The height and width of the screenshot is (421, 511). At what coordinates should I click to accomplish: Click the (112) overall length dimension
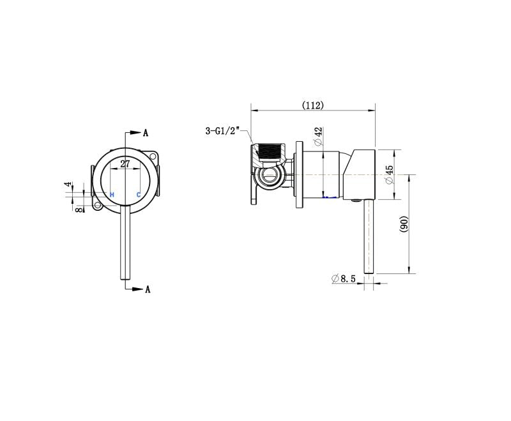(x=313, y=105)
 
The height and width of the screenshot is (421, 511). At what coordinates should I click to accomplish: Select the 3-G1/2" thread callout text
(x=221, y=131)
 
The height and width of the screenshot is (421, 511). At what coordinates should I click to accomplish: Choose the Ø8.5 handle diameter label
(x=344, y=279)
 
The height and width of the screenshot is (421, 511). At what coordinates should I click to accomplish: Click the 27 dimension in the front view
(x=125, y=164)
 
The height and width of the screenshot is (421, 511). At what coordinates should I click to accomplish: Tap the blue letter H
(x=112, y=194)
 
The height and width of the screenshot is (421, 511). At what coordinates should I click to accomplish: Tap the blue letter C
(x=139, y=194)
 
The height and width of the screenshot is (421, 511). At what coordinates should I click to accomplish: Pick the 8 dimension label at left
(x=78, y=208)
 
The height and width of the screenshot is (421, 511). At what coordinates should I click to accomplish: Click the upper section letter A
(x=146, y=133)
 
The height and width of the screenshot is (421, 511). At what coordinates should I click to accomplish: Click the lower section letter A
(x=147, y=289)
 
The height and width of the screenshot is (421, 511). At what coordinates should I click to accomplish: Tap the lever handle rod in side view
(x=368, y=236)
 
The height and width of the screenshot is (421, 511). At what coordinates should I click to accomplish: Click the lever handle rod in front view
(x=125, y=243)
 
